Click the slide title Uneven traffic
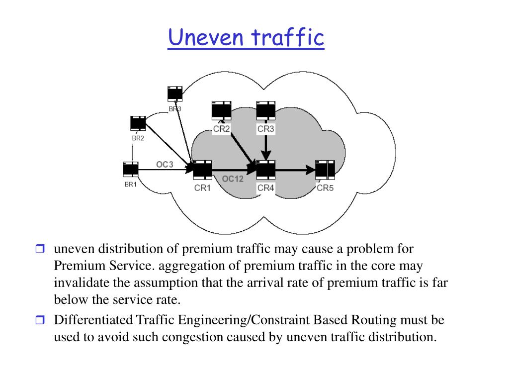tap(246, 38)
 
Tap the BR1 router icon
tap(131, 170)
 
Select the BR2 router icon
tap(138, 123)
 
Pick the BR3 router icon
tap(174, 94)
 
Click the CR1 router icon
tap(203, 170)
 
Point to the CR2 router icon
tap(221, 110)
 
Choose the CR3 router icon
tap(266, 110)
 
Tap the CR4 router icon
tap(266, 170)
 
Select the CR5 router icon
tap(325, 170)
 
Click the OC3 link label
tap(165, 164)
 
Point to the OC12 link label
tap(232, 179)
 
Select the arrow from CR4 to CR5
tap(296, 170)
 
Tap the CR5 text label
tap(325, 188)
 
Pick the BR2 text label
tap(138, 138)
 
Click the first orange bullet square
tap(40, 249)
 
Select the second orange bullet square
tap(40, 320)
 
